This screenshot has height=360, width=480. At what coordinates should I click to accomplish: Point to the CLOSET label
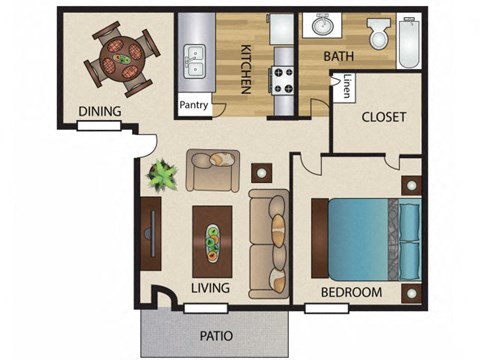point(383,117)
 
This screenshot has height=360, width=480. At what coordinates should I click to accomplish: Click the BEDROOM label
point(351,292)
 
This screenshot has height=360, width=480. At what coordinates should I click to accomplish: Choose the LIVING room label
point(210,288)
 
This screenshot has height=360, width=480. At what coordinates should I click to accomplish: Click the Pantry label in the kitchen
point(193,104)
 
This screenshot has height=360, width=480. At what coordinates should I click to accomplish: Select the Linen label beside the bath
point(347,87)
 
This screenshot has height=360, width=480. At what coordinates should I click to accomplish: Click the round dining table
point(121,58)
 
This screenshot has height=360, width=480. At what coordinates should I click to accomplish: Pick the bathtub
point(410,40)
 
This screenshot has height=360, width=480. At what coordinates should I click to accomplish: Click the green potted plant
point(161,176)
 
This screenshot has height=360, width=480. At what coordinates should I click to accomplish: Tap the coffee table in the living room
point(212,240)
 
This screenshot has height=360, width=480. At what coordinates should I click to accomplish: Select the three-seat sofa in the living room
point(268,243)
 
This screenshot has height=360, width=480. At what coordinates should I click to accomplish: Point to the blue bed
point(365,238)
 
